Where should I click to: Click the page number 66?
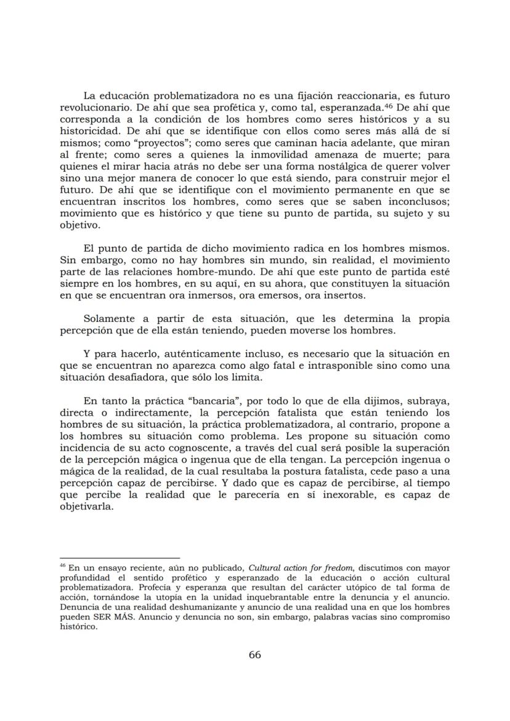click(x=254, y=655)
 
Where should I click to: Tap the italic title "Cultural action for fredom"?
click(x=301, y=567)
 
